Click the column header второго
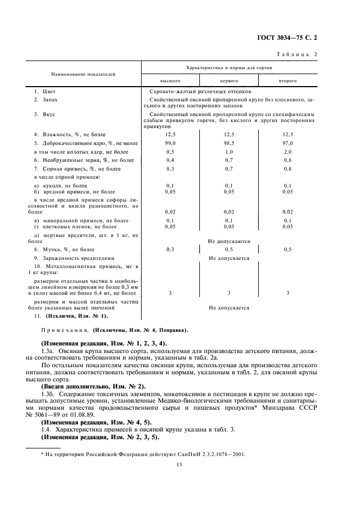point(288,80)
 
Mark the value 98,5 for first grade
point(229,143)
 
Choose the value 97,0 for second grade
point(288,143)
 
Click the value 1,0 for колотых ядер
point(229,151)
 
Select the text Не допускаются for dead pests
point(229,240)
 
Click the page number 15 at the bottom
point(179,464)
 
